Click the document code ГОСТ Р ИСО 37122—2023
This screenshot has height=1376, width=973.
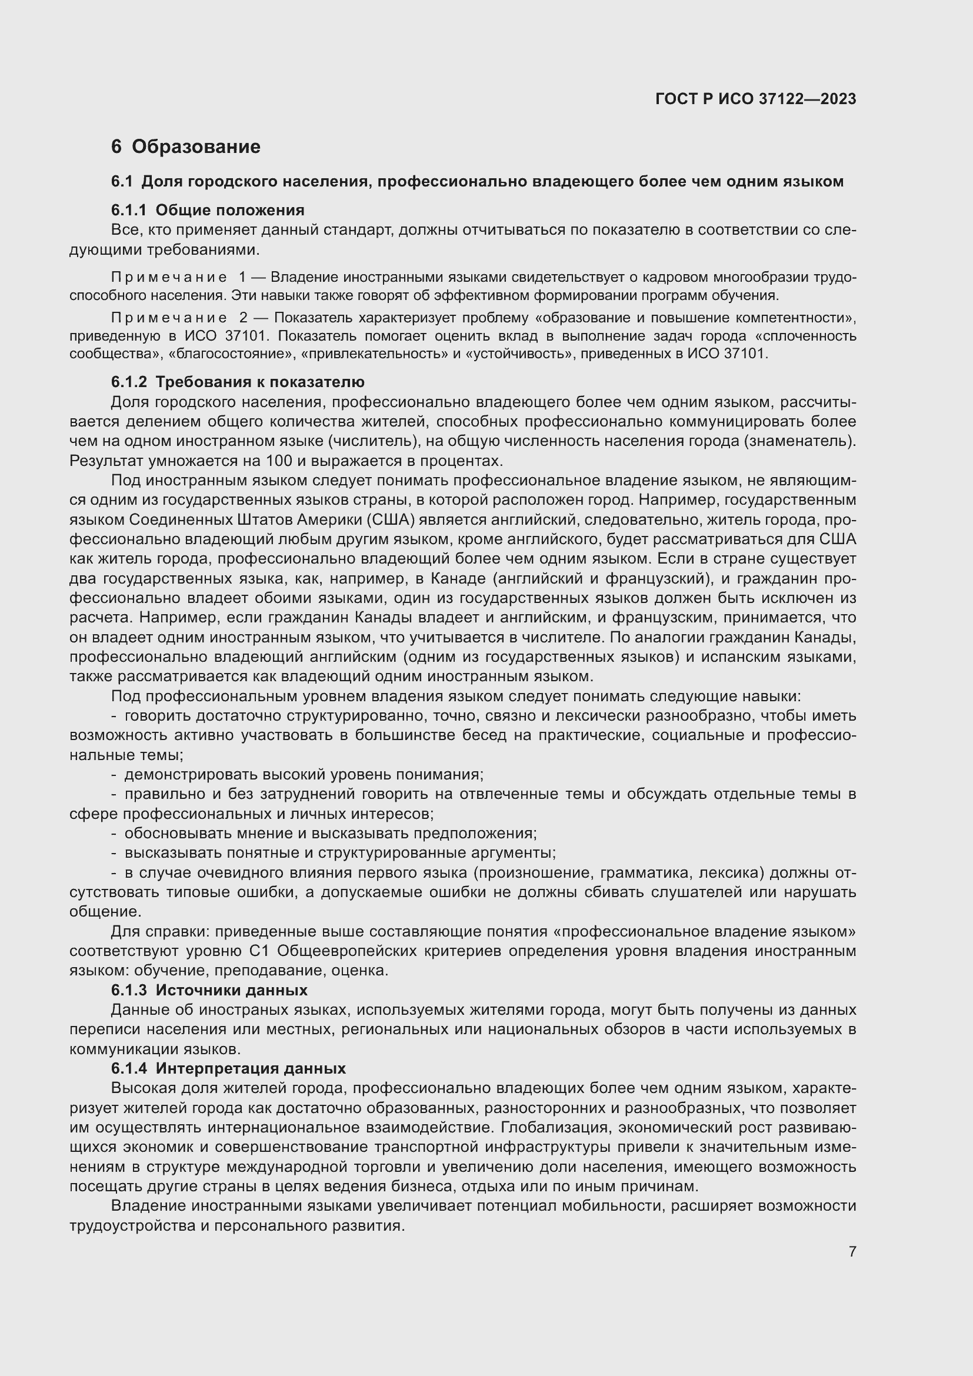point(755,99)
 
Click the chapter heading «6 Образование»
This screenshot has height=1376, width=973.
point(186,147)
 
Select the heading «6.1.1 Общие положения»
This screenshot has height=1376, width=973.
point(207,210)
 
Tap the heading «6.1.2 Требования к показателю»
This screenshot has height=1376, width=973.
point(237,382)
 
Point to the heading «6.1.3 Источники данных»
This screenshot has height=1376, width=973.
point(209,990)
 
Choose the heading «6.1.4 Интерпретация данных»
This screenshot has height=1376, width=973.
point(228,1068)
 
